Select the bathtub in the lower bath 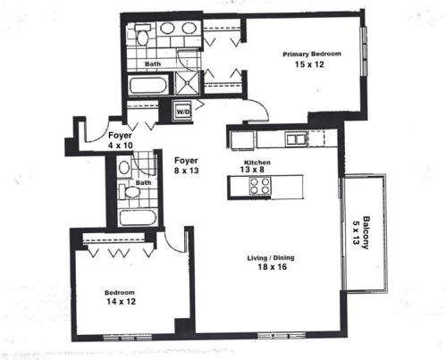(x=139, y=216)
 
